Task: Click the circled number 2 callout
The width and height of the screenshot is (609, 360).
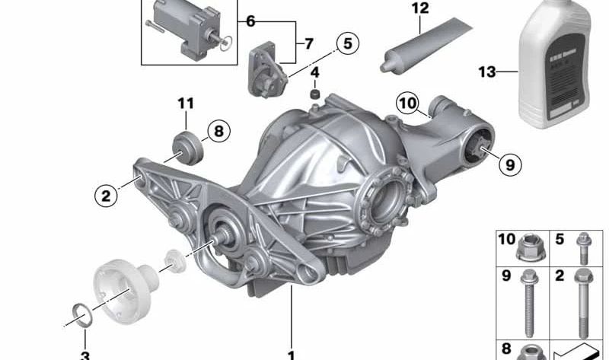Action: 107,196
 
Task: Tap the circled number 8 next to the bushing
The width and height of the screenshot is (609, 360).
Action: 217,132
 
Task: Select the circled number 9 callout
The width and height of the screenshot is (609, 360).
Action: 509,162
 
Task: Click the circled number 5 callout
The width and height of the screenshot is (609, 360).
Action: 346,43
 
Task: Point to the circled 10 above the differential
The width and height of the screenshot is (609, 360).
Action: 408,103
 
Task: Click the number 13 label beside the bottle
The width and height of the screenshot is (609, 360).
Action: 486,72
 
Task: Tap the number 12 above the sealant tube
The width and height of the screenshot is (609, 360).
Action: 420,8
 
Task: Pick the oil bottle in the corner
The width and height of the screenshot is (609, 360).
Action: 559,65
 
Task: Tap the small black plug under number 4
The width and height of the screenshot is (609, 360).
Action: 313,94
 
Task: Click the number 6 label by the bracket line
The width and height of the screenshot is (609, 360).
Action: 250,21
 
